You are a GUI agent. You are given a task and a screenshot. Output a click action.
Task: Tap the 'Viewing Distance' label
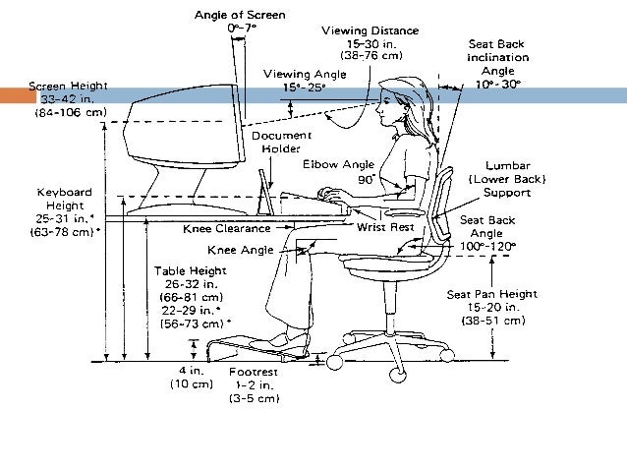tap(370, 31)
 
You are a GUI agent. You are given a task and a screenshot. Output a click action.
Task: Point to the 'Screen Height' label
tap(68, 86)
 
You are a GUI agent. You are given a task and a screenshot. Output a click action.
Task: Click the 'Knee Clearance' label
tap(226, 229)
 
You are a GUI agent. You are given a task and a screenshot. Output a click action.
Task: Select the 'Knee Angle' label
tap(241, 251)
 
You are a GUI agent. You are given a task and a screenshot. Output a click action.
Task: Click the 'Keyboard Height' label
tap(64, 192)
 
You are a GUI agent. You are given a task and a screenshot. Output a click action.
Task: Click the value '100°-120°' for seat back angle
tap(487, 246)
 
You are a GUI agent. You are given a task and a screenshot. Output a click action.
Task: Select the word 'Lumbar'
tap(508, 164)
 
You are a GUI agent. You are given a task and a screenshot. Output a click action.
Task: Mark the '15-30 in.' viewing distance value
tap(370, 44)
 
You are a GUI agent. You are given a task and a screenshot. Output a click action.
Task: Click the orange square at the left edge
tap(16, 95)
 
